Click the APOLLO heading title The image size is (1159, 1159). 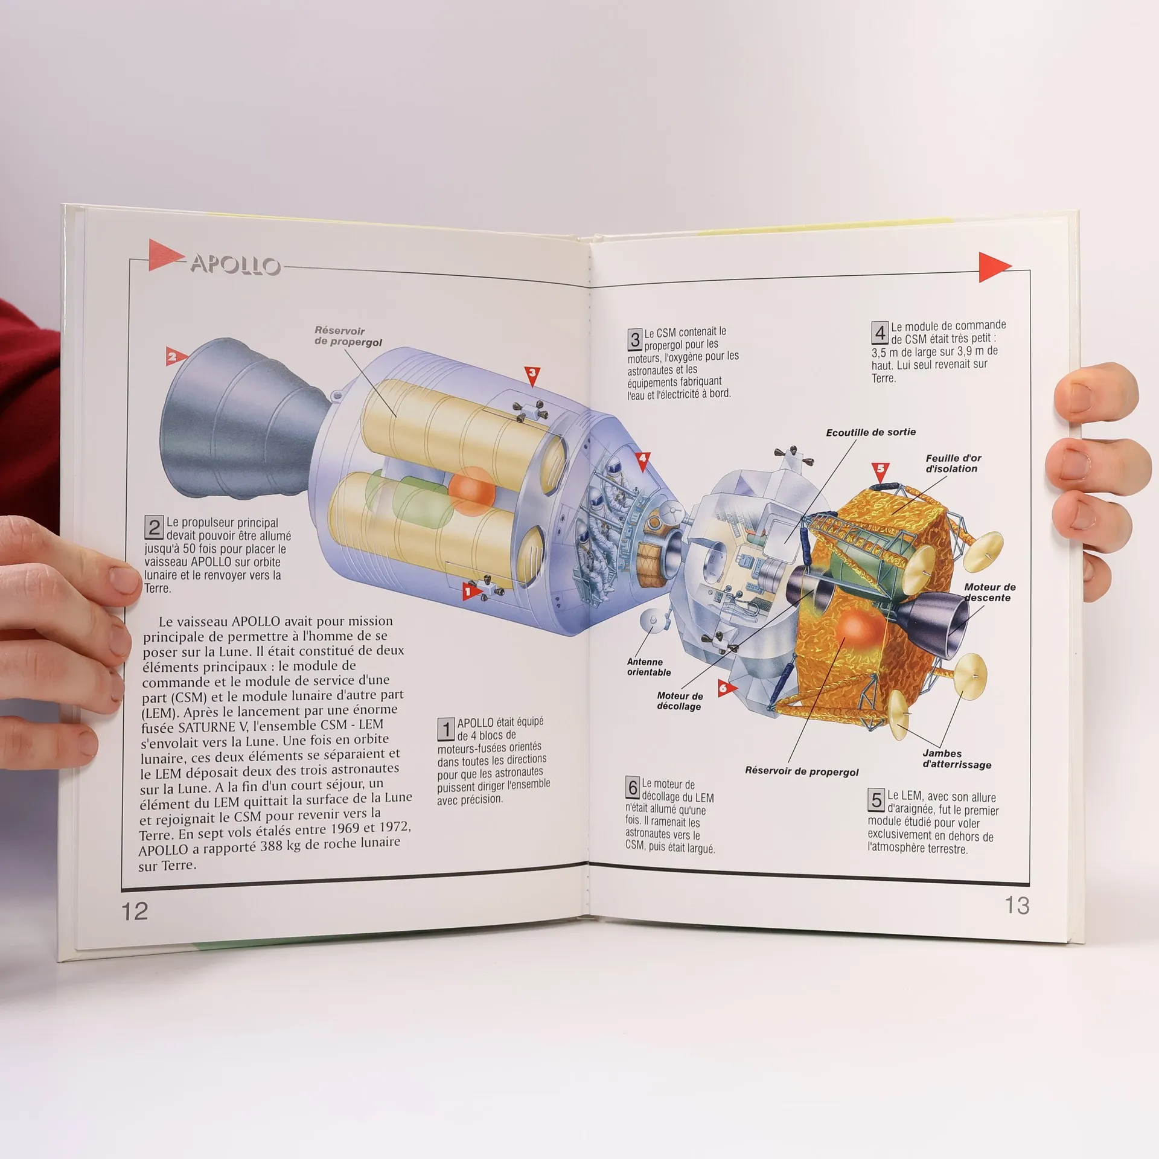pos(235,265)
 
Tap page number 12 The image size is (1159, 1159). pos(135,912)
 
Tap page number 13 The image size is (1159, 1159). pos(1017,905)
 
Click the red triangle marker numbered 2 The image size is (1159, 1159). pos(173,356)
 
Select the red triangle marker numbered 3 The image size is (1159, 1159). pos(532,374)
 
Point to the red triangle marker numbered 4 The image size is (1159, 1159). pos(642,459)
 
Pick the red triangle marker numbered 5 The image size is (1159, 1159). pos(880,468)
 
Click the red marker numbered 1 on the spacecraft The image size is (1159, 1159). pos(468,592)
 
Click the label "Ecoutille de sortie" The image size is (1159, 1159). pos(870,432)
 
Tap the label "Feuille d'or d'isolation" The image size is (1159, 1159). pos(953,464)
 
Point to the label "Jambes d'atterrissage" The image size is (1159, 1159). pos(957,759)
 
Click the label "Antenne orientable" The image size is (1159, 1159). pos(648,667)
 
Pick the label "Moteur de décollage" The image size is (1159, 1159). pos(679,701)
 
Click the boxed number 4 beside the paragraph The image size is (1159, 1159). pos(880,333)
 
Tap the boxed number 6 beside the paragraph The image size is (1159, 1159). pos(633,787)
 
